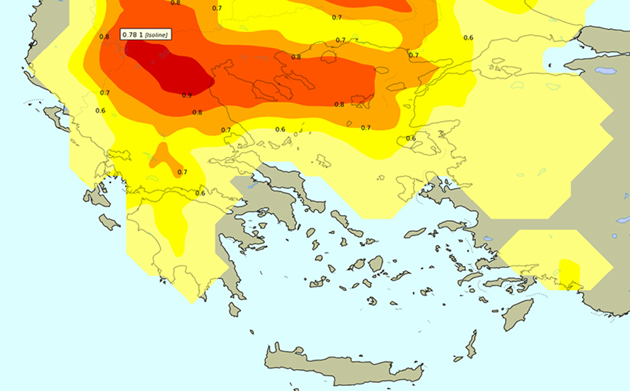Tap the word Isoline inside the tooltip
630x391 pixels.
click(157, 35)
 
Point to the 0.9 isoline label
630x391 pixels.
click(187, 95)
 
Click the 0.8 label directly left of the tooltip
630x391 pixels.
click(105, 36)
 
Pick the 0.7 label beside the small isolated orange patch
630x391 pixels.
click(182, 172)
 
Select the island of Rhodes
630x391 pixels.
click(517, 314)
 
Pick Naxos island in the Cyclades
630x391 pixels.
click(375, 264)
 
